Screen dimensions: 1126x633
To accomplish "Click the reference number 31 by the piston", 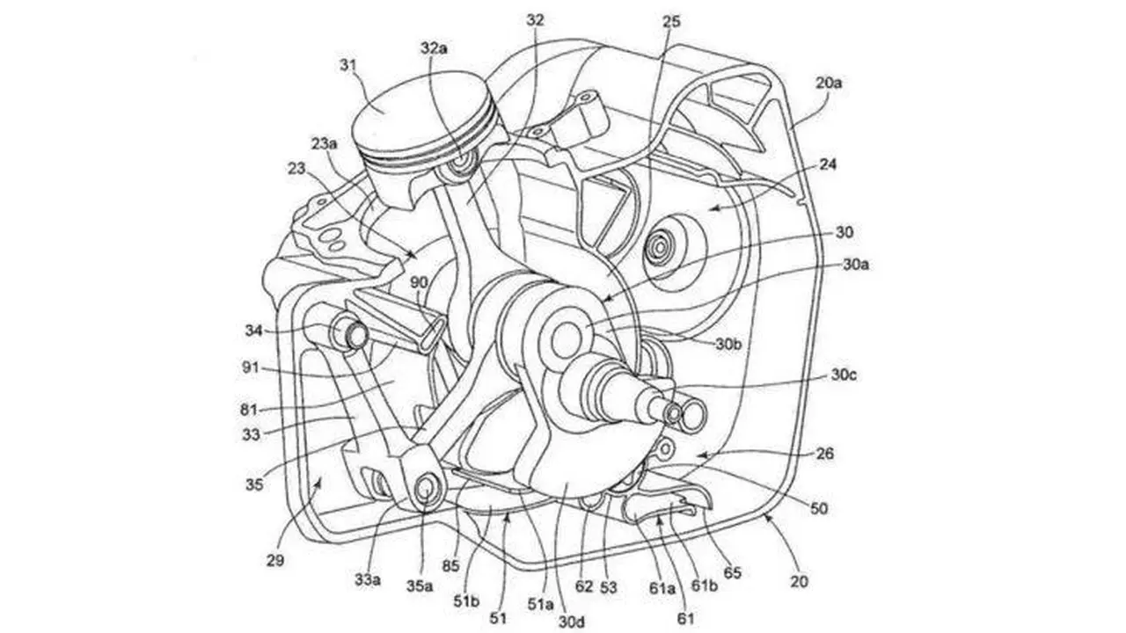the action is tap(347, 66).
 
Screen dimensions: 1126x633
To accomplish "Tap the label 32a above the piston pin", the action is tap(434, 48).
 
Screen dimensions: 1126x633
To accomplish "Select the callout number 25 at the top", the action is tap(671, 21).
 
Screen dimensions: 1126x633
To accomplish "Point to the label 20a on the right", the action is tap(829, 83).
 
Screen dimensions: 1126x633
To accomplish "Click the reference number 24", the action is tap(828, 164).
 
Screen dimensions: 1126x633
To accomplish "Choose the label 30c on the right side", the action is tap(844, 375).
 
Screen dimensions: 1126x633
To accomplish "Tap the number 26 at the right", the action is tap(825, 454).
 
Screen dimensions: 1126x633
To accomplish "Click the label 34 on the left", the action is tap(254, 331).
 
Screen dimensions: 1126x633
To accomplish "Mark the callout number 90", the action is tap(419, 282).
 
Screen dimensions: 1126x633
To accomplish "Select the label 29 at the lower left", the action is tap(275, 560).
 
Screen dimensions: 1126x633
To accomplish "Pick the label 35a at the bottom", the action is tap(420, 586).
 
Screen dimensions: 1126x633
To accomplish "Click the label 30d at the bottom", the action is tap(572, 622).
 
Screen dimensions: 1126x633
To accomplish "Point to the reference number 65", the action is tap(732, 572).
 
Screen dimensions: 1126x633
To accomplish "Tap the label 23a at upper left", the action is tap(325, 144).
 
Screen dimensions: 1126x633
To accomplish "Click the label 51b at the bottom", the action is tap(466, 600).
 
